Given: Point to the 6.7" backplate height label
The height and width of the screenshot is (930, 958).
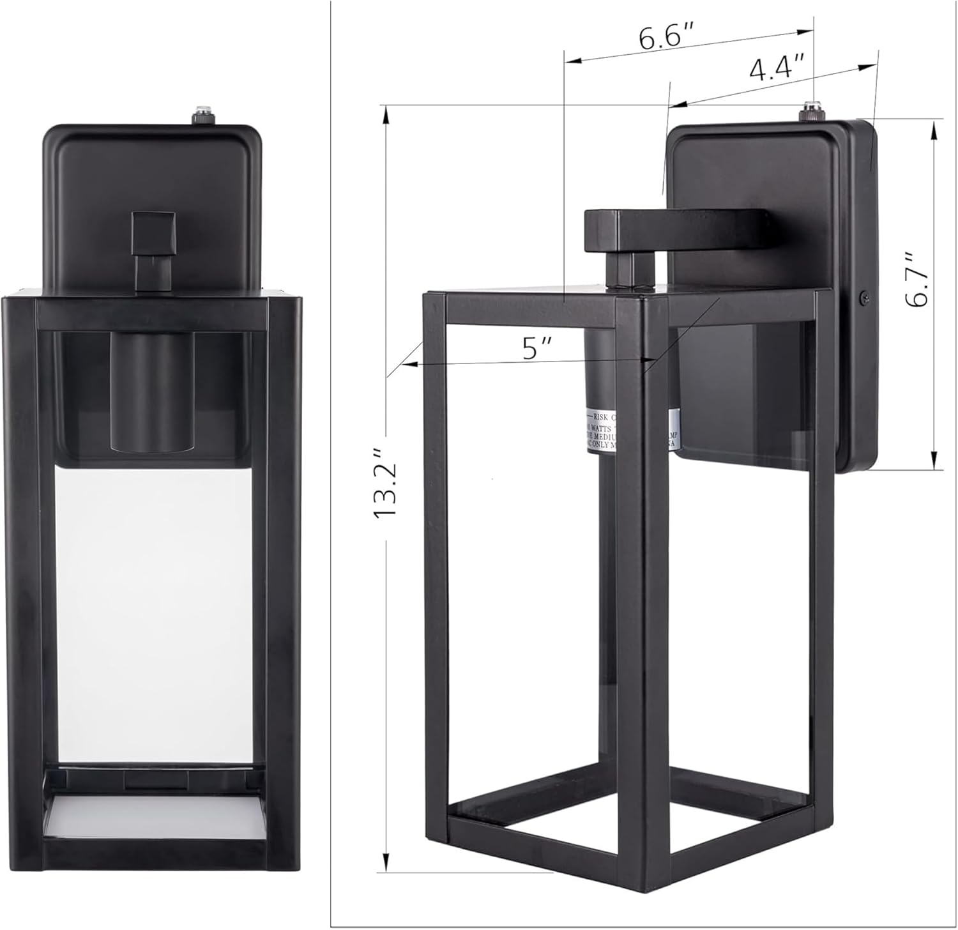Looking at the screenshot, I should coord(918,278).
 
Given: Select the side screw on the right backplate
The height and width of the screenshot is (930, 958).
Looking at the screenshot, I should coord(865,296).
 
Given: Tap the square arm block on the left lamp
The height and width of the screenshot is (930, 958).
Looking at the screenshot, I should coord(153,233).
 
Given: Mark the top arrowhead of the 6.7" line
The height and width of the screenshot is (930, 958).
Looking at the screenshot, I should coord(935,125).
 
